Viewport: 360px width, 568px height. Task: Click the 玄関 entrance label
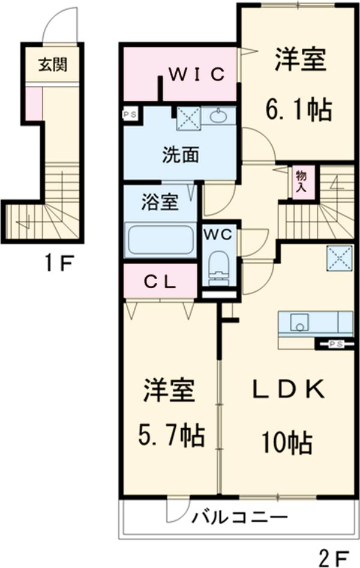pyautogui.click(x=53, y=65)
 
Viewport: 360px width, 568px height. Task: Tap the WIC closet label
pyautogui.click(x=196, y=74)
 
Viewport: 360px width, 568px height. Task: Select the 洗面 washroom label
pyautogui.click(x=180, y=155)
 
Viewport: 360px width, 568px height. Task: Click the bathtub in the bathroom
pyautogui.click(x=160, y=239)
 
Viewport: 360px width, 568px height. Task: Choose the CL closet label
pyautogui.click(x=160, y=282)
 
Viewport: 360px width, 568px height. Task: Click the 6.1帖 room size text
pyautogui.click(x=299, y=109)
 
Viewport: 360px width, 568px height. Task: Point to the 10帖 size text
pyautogui.click(x=286, y=443)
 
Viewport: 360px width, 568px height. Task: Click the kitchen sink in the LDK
pyautogui.click(x=299, y=323)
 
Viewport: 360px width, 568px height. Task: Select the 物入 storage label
pyautogui.click(x=300, y=180)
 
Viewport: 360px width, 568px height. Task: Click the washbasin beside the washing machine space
pyautogui.click(x=218, y=115)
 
